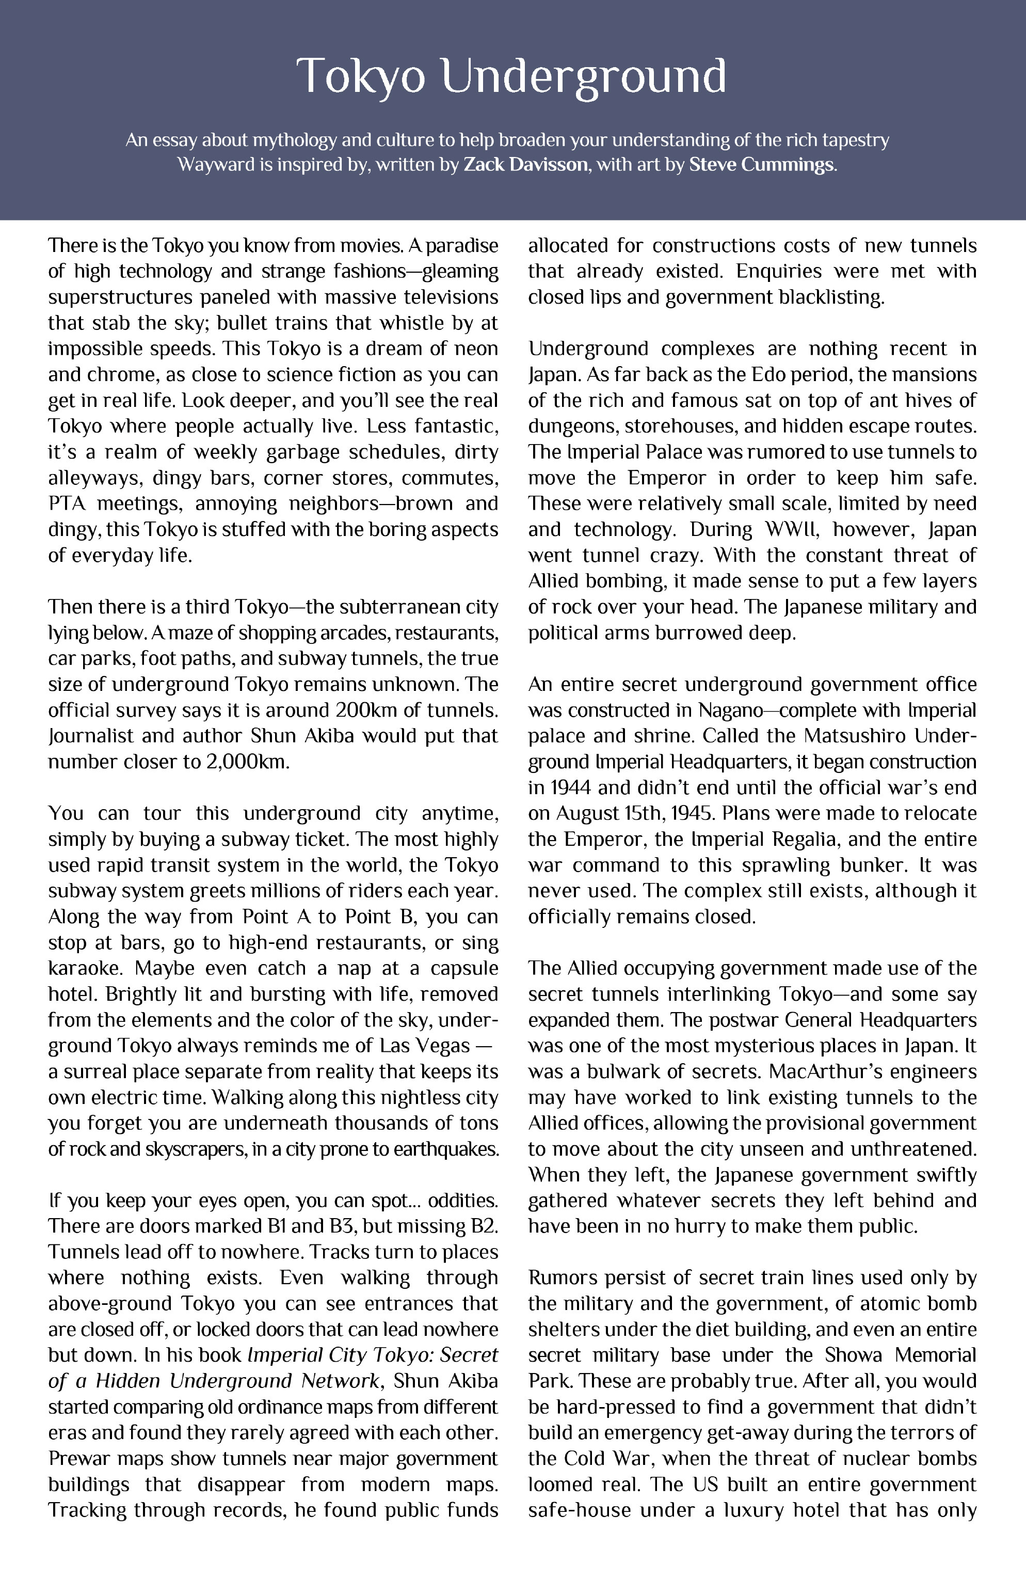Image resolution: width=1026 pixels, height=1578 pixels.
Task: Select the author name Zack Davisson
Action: tap(525, 164)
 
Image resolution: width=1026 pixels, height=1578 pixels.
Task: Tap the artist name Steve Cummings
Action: tap(762, 164)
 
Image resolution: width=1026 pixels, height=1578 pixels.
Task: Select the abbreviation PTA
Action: tap(68, 503)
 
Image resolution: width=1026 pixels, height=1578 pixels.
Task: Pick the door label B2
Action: tap(484, 1226)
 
